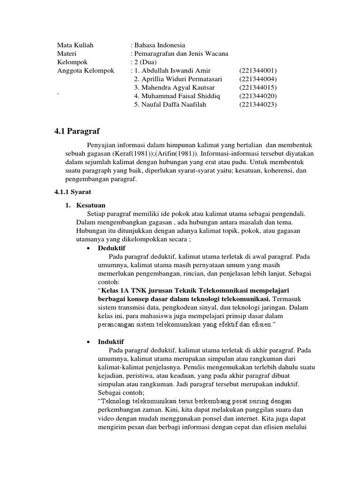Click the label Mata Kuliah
point(75,45)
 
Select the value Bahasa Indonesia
point(160,45)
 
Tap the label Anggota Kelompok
point(86,70)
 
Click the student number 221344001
point(258,70)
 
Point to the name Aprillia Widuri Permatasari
point(178,79)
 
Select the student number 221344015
point(258,87)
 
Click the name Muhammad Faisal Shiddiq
point(177,96)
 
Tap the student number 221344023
point(258,104)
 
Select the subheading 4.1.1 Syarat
point(73,193)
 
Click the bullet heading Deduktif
point(112,247)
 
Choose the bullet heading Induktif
point(111,342)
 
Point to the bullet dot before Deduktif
point(89,248)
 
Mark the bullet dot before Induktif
point(89,343)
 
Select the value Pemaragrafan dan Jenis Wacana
point(181,53)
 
